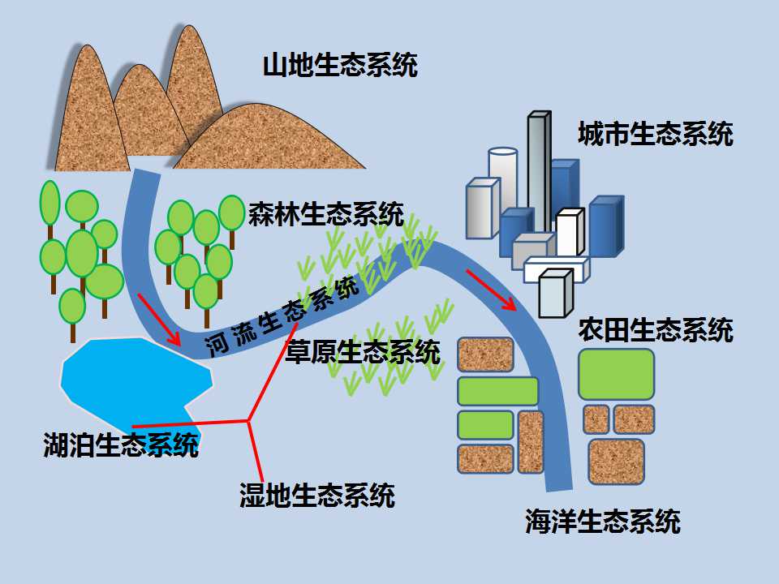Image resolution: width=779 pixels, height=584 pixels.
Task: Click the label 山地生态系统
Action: pyautogui.click(x=340, y=66)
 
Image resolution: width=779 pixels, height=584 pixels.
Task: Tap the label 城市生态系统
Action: pyautogui.click(x=656, y=134)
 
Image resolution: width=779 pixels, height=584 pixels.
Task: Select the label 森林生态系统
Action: pyautogui.click(x=326, y=214)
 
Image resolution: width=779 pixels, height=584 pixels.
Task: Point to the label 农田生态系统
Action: pyautogui.click(x=656, y=330)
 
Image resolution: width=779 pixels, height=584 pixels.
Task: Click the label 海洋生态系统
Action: pyautogui.click(x=603, y=521)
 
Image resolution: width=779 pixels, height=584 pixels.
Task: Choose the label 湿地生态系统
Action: pyautogui.click(x=317, y=495)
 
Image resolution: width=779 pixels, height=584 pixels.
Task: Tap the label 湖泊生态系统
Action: pyautogui.click(x=121, y=444)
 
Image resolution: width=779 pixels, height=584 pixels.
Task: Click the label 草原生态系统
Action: pyautogui.click(x=363, y=351)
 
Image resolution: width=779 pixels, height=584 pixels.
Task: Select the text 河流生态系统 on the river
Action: pyautogui.click(x=282, y=318)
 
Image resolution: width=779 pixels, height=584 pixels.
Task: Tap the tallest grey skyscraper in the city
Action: pyautogui.click(x=539, y=171)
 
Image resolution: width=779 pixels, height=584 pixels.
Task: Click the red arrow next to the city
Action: pyautogui.click(x=491, y=290)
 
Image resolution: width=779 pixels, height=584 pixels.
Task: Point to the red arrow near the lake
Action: pyautogui.click(x=159, y=320)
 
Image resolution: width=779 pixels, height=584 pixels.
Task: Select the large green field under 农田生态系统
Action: pyautogui.click(x=616, y=375)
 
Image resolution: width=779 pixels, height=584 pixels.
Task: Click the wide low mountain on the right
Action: pyautogui.click(x=269, y=139)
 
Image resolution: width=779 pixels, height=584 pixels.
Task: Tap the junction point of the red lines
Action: pyautogui.click(x=248, y=421)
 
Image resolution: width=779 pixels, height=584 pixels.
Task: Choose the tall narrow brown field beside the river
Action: pyautogui.click(x=531, y=441)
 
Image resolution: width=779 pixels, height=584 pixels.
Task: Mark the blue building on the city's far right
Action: pyautogui.click(x=606, y=226)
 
